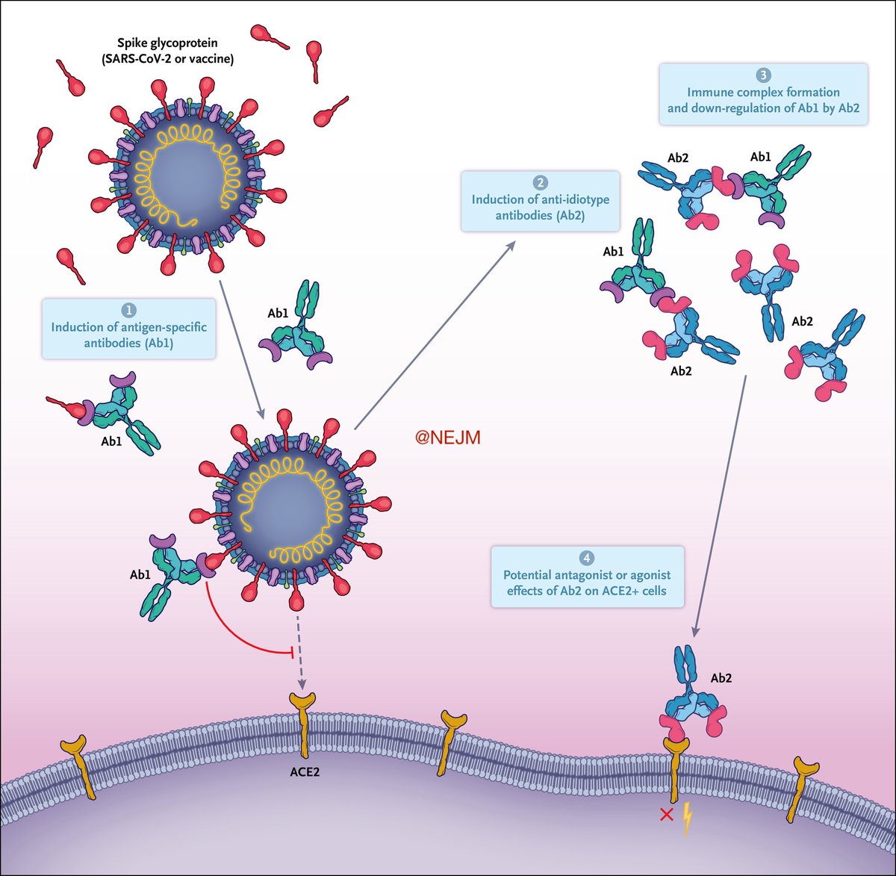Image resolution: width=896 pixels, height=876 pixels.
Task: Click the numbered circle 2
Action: coord(541,183)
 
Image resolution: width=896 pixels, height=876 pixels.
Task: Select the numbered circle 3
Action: coord(763,75)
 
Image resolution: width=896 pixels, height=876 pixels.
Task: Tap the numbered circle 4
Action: coord(586,559)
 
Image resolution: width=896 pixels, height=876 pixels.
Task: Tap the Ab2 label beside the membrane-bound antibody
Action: coord(721,678)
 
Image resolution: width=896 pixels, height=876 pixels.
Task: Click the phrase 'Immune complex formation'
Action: coord(763,93)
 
